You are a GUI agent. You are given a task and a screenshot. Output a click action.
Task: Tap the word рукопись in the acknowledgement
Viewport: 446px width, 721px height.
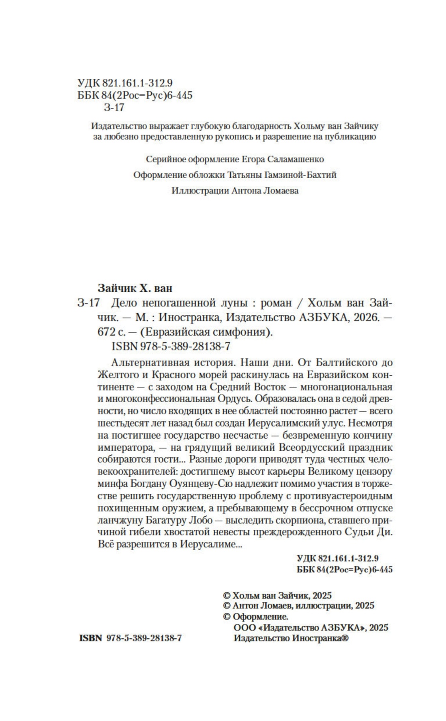pos(234,137)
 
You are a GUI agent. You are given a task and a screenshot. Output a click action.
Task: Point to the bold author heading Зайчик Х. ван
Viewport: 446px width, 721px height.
pos(135,288)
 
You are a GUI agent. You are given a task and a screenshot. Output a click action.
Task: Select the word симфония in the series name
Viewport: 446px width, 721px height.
pos(247,332)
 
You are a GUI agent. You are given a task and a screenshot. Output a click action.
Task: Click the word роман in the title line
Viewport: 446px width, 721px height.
pos(276,303)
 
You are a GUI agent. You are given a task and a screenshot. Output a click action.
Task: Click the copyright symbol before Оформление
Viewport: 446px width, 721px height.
pos(227,617)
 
